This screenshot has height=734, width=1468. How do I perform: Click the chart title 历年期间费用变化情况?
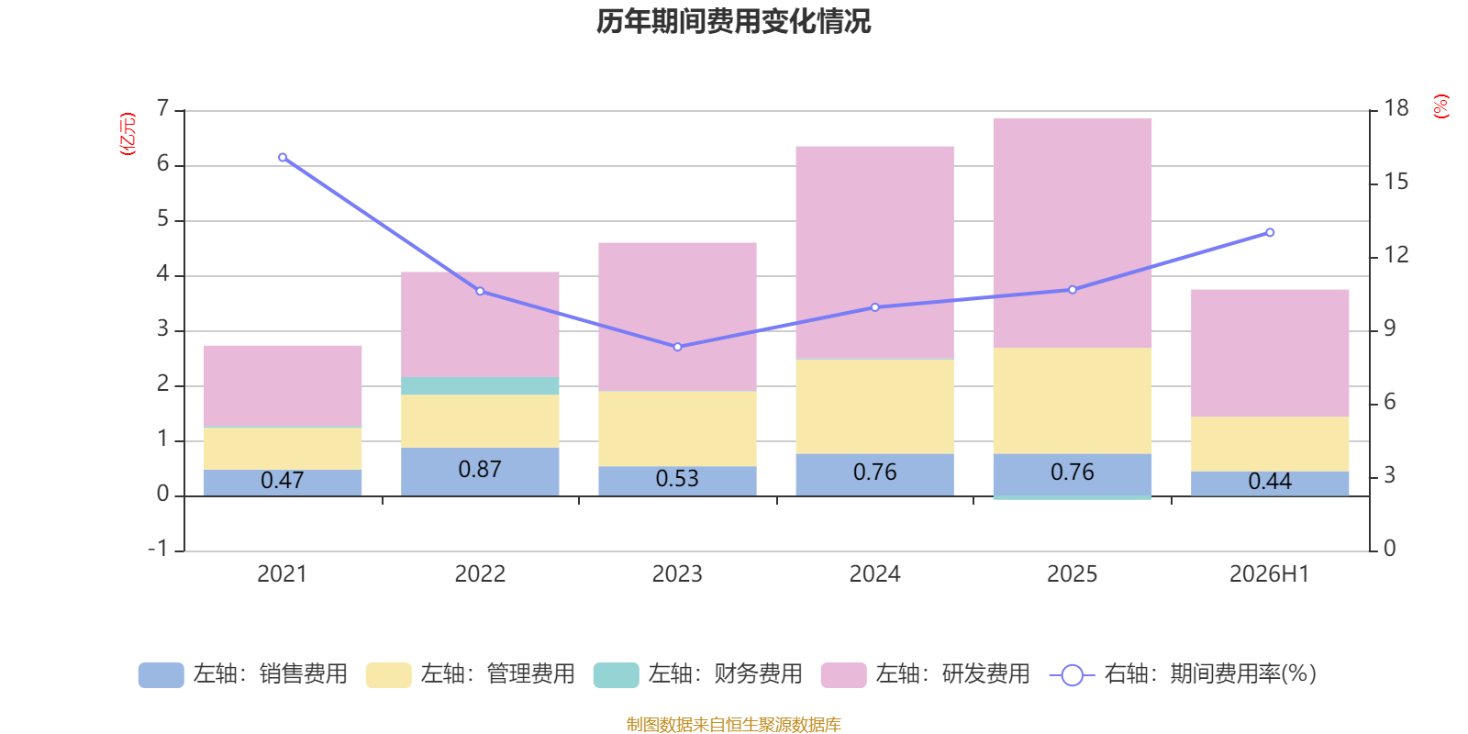733,22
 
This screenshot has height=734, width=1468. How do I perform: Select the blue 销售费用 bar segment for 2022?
480,472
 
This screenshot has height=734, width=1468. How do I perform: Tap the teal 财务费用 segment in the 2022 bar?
480,385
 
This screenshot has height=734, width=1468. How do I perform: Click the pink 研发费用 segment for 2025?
1073,233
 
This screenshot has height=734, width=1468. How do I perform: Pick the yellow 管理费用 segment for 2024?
875,406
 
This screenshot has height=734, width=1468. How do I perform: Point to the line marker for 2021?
283,157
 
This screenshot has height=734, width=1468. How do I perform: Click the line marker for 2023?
678,347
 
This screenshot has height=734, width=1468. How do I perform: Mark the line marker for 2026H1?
1270,233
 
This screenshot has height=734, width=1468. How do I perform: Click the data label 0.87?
480,469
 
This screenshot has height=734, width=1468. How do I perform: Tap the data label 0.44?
1270,482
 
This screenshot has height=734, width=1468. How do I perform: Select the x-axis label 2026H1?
1270,574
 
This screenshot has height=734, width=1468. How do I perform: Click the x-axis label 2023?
677,574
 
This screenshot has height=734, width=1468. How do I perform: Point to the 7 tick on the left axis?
163,108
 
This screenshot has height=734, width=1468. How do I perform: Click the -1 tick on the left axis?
158,549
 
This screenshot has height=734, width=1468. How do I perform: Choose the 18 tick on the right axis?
1396,108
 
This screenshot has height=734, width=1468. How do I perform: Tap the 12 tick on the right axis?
1396,255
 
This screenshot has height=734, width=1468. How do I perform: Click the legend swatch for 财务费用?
616,674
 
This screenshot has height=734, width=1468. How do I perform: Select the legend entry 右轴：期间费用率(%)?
1183,674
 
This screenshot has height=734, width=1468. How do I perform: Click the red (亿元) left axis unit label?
128,134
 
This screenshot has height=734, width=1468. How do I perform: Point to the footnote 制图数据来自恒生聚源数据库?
733,724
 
